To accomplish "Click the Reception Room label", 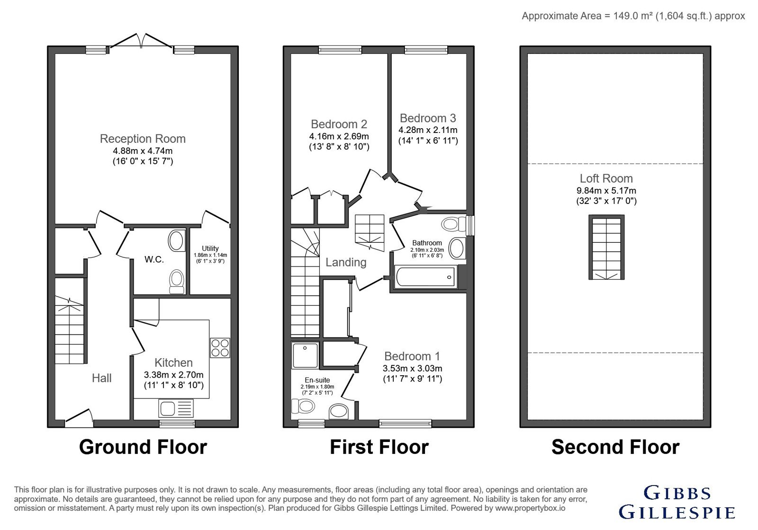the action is (x=143, y=139).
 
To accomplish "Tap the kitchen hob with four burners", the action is (x=220, y=348).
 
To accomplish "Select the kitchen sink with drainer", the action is (x=176, y=408).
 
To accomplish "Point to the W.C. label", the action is (x=154, y=259).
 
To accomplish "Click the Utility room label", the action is (x=210, y=248).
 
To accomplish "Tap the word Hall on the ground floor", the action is (x=101, y=378).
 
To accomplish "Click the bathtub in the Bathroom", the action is (x=426, y=277).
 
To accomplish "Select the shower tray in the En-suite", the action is (x=305, y=355).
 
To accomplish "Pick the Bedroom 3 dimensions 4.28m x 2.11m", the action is (x=428, y=130).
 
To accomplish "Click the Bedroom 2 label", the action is (x=339, y=124).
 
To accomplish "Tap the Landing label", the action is (x=346, y=262).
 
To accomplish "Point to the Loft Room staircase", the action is (x=606, y=247).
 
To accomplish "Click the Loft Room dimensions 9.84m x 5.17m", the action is (x=606, y=190).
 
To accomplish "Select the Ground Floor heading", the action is (x=143, y=447).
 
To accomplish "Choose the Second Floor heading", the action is (x=615, y=447).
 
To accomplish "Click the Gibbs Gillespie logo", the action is (x=677, y=502).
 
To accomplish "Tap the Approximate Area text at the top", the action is (x=633, y=16).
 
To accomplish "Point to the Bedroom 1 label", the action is (x=412, y=356).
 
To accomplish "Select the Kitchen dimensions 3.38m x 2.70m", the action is (x=173, y=374).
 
